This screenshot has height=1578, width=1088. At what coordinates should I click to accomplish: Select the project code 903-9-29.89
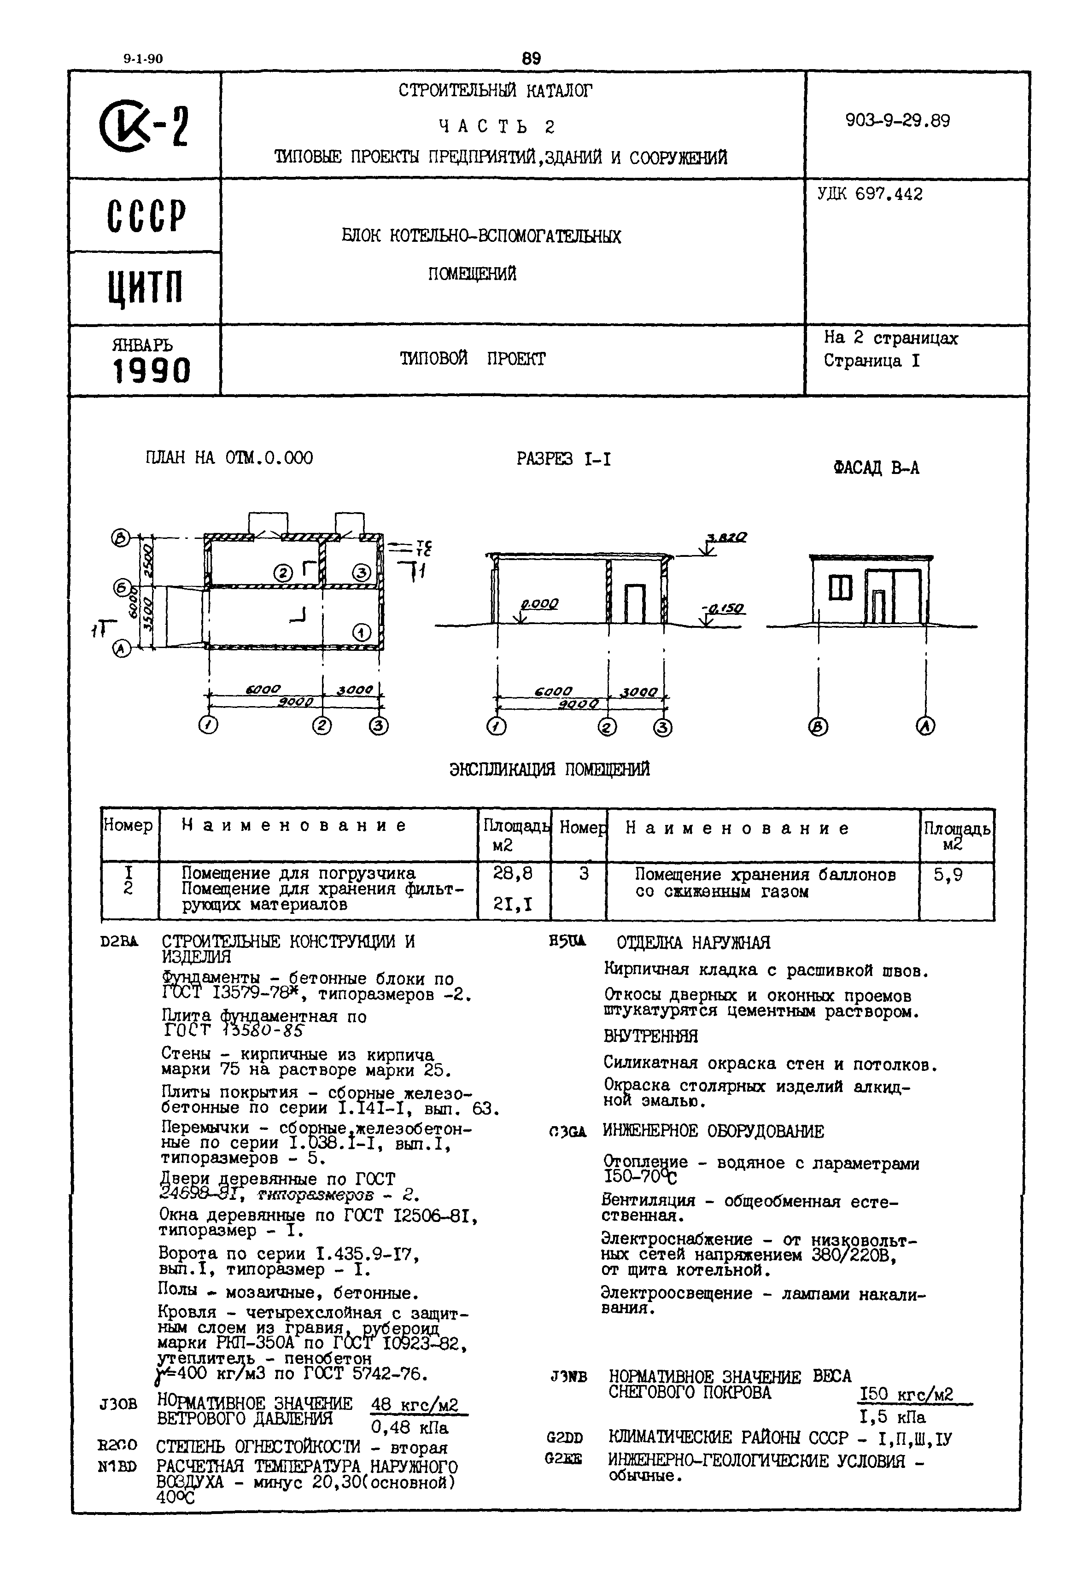[897, 121]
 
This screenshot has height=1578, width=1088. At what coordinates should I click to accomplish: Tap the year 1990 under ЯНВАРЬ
[152, 372]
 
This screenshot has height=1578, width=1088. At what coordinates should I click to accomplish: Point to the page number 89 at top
[531, 58]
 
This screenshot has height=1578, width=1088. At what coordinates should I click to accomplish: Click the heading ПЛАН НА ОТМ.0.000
[229, 458]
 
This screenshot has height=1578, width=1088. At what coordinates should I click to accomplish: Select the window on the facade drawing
[841, 588]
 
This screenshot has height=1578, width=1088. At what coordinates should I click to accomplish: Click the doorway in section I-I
[635, 604]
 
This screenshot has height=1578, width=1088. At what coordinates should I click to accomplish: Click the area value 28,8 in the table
[513, 874]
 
